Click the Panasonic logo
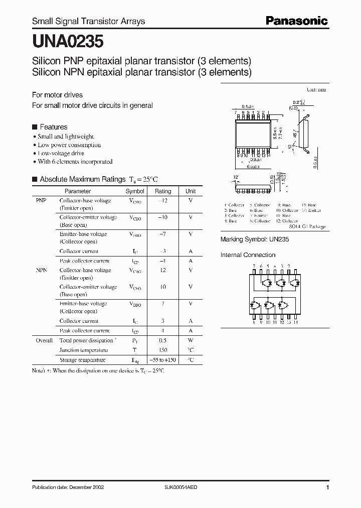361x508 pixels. [297, 21]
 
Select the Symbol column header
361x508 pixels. [134, 191]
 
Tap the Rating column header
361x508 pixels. [163, 191]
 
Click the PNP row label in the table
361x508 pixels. [41, 200]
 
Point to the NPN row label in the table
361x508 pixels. [41, 270]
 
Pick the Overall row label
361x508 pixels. [44, 340]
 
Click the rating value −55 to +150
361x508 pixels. [163, 360]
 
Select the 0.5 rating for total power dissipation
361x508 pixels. [163, 340]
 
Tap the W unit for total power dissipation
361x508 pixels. [191, 340]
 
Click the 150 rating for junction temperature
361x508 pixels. [163, 350]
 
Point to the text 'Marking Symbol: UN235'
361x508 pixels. [255, 240]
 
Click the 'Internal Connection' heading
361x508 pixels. [248, 255]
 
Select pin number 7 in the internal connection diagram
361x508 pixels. [254, 267]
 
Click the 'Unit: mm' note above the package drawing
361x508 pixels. [316, 89]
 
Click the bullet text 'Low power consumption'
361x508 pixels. [69, 145]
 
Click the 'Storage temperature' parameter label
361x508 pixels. [82, 360]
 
